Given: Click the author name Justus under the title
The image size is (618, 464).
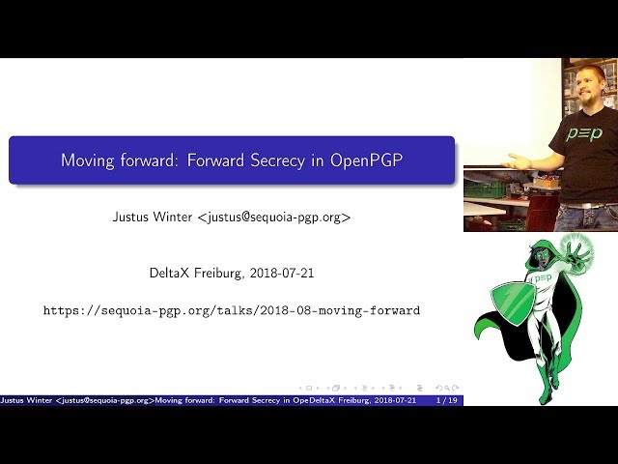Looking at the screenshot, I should point(132,217).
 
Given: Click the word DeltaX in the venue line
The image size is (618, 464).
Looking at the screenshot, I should point(170,274).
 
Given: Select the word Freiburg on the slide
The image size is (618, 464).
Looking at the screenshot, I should point(219,274).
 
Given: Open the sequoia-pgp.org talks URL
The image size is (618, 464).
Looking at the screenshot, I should point(232,310).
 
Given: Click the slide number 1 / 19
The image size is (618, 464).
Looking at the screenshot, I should point(447,400).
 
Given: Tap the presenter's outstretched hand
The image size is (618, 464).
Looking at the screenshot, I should point(518,162).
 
